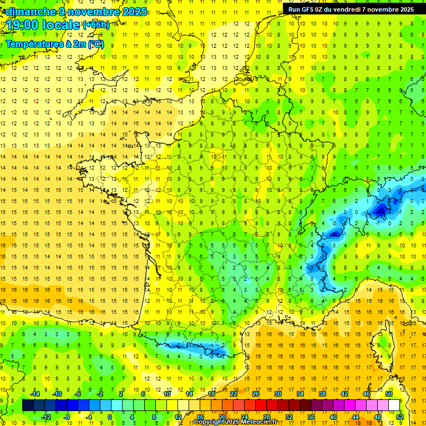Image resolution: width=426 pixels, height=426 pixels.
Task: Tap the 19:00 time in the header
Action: (23, 25)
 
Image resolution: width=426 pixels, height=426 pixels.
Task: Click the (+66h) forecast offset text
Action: (96, 24)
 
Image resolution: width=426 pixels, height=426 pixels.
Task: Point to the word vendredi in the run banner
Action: (352, 9)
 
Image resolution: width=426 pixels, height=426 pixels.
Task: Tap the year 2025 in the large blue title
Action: (134, 12)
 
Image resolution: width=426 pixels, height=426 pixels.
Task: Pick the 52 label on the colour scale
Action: (399, 417)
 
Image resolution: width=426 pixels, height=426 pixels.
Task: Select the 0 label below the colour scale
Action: (110, 417)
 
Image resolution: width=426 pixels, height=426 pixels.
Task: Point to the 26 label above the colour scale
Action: (255, 394)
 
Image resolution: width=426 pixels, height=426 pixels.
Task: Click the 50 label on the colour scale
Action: (388, 394)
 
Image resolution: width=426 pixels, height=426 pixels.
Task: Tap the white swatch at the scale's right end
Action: (394, 405)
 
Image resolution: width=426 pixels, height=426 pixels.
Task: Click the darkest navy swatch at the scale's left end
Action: (28, 405)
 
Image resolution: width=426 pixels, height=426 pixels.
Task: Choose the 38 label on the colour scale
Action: (322, 394)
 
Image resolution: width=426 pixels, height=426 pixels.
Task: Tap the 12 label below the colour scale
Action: (178, 417)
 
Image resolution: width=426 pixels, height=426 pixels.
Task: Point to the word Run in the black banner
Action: (294, 9)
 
